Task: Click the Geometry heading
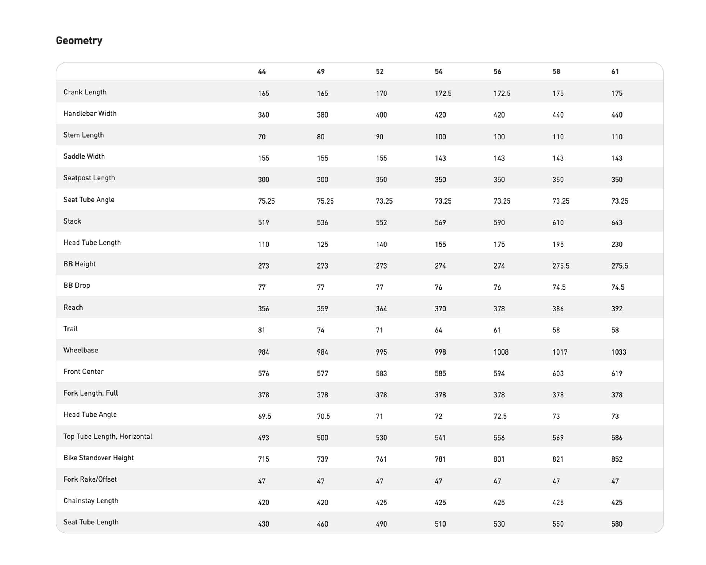(x=79, y=40)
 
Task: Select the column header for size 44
(x=262, y=71)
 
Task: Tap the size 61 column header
(x=615, y=71)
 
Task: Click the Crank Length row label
(x=85, y=92)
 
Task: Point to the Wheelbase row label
(x=81, y=350)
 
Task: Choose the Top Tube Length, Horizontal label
(x=108, y=436)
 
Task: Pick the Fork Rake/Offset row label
(x=90, y=479)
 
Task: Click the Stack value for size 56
(x=499, y=222)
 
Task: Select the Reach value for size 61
(x=617, y=309)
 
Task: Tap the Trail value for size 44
(x=261, y=330)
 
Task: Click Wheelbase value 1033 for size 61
(x=619, y=352)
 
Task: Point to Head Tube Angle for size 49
(x=323, y=417)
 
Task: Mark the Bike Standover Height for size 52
(x=381, y=459)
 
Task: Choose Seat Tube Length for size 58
(x=558, y=524)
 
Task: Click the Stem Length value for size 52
(x=379, y=137)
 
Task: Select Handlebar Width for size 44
(x=263, y=115)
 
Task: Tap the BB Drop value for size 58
(x=559, y=287)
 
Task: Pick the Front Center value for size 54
(x=440, y=373)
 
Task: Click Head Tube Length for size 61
(x=617, y=244)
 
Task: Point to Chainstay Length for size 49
(x=322, y=503)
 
